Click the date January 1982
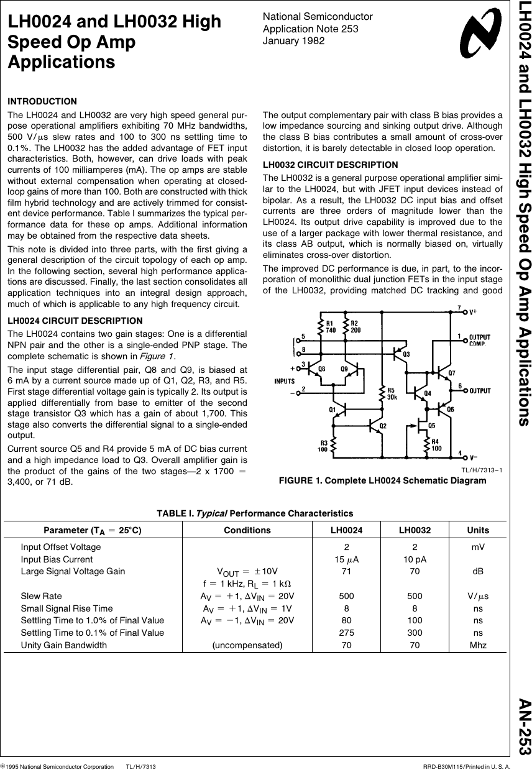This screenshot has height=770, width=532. [x=293, y=41]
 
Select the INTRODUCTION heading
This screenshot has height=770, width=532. [x=42, y=101]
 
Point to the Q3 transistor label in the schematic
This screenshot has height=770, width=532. [x=406, y=354]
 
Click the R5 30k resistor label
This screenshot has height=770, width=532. [x=392, y=393]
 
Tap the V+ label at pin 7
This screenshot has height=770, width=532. [x=473, y=311]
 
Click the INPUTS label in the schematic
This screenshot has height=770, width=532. [x=285, y=381]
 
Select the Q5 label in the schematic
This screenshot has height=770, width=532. [x=432, y=425]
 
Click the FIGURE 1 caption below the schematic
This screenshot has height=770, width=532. [x=382, y=480]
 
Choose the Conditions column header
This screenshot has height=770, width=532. [x=247, y=530]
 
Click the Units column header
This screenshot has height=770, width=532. [x=478, y=530]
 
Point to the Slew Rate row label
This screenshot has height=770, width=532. [x=41, y=596]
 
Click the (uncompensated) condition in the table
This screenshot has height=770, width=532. [x=247, y=645]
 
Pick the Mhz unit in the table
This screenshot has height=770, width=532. [x=478, y=645]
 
